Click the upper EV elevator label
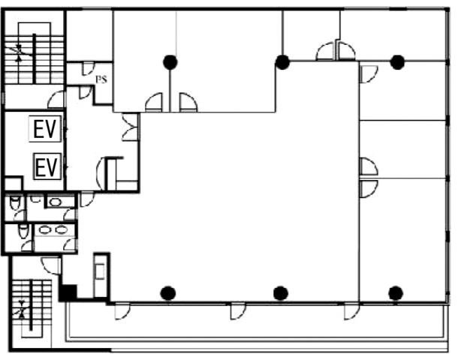(x=45, y=129)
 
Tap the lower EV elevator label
(x=47, y=166)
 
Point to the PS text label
(x=101, y=79)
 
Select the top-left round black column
(x=170, y=62)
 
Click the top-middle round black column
(x=282, y=62)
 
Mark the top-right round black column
(x=397, y=62)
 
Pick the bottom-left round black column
(x=168, y=293)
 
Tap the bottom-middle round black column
(x=281, y=293)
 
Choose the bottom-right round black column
(x=396, y=293)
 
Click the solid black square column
(x=68, y=292)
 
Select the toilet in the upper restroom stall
(x=15, y=202)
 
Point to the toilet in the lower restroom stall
(x=24, y=231)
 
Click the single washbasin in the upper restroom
(x=56, y=202)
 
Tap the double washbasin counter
(x=53, y=229)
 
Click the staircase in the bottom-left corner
(x=32, y=309)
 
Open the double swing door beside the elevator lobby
(x=130, y=127)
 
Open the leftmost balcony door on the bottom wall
(x=122, y=311)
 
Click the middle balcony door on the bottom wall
(x=238, y=311)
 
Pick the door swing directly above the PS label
(x=88, y=69)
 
